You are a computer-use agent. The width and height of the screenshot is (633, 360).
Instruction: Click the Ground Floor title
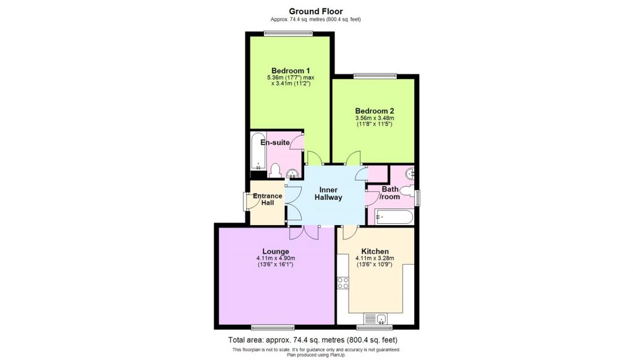pyautogui.click(x=316, y=11)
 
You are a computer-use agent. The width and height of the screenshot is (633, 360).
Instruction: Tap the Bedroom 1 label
pyautogui.click(x=290, y=70)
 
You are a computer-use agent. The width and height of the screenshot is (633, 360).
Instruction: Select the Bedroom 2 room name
pyautogui.click(x=374, y=111)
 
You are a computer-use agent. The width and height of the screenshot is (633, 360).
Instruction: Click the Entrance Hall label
pyautogui.click(x=267, y=199)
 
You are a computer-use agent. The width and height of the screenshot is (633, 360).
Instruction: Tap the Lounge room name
pyautogui.click(x=276, y=251)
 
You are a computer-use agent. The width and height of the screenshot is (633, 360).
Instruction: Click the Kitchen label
pyautogui.click(x=375, y=251)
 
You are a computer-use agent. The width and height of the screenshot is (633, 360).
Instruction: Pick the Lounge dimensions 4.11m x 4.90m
pyautogui.click(x=276, y=259)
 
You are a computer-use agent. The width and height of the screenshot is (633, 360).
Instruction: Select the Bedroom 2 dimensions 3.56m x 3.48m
pyautogui.click(x=374, y=119)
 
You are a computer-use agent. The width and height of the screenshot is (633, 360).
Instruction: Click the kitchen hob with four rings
pyautogui.click(x=342, y=283)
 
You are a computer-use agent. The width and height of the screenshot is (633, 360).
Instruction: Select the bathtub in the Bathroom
pyautogui.click(x=393, y=217)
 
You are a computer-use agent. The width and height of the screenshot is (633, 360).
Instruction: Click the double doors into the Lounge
pyautogui.click(x=303, y=232)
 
